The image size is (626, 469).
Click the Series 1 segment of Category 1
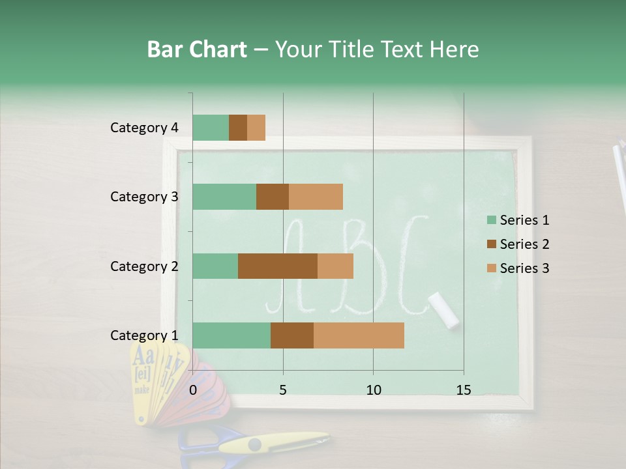231,335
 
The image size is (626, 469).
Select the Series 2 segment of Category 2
278,266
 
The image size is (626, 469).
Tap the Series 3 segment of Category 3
316,197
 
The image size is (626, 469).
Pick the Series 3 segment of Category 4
256,128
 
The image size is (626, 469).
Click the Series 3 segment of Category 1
359,335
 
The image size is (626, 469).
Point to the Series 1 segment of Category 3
224,197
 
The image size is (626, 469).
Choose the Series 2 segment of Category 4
238,128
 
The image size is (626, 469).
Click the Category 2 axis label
144,266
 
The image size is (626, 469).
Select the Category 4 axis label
144,128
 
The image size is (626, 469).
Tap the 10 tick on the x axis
373,390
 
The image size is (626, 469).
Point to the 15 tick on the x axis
464,390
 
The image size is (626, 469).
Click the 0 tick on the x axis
193,390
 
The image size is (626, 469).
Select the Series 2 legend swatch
492,244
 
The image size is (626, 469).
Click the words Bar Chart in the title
197,50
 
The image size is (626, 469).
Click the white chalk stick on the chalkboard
444,309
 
